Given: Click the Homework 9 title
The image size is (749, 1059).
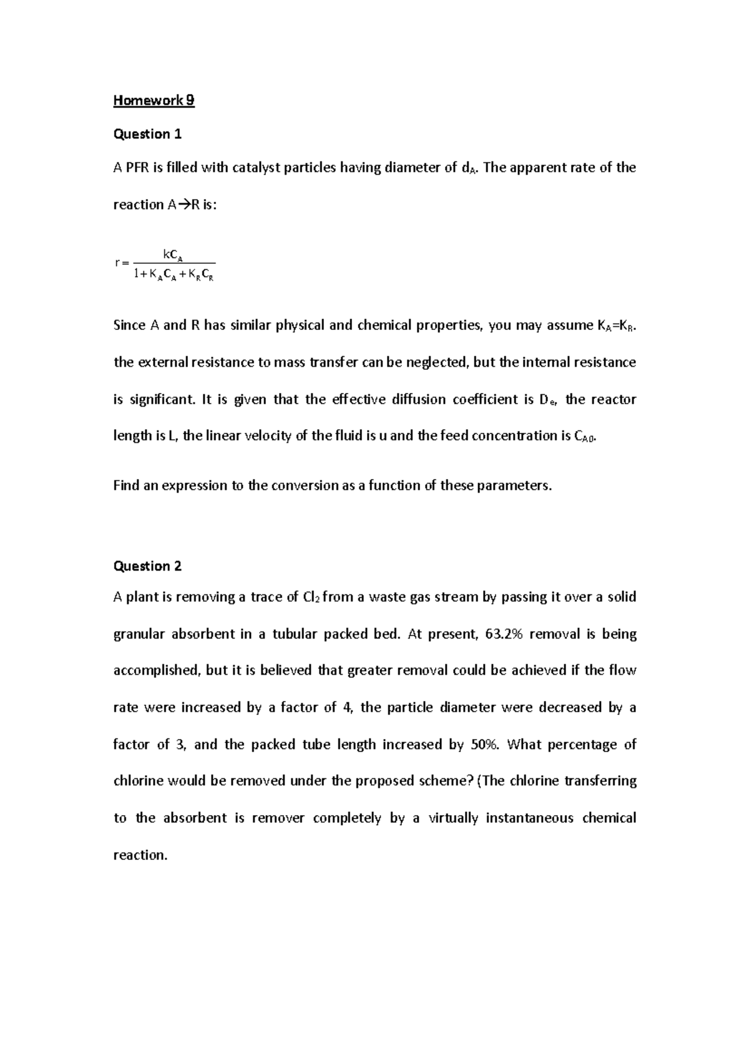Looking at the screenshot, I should point(154,100).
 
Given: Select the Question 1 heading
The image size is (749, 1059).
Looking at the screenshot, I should point(147,134).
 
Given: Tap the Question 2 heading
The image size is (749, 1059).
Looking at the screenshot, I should point(147,566).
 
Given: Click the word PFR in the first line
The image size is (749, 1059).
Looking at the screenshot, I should point(139,168).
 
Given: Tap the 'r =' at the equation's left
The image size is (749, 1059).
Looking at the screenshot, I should point(121,263).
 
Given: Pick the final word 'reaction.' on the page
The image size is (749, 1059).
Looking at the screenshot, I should point(140,855).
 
